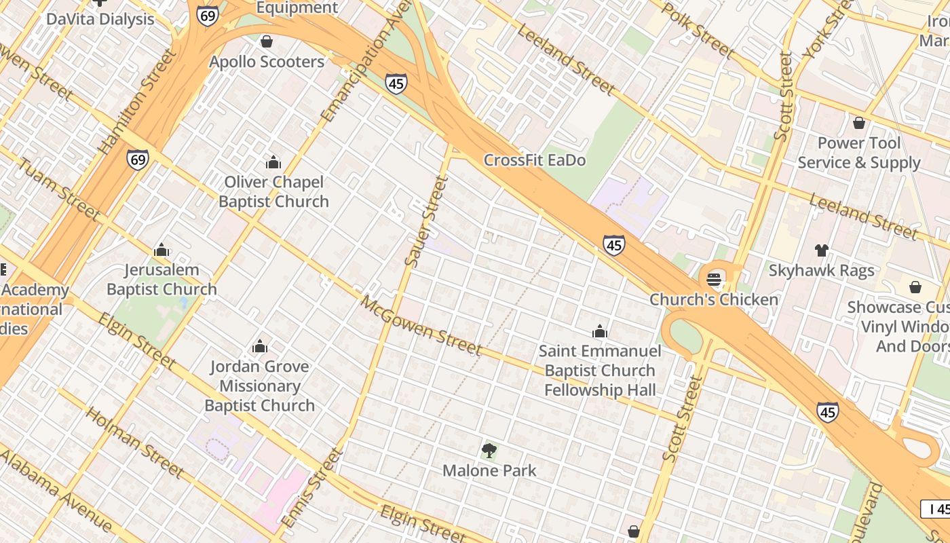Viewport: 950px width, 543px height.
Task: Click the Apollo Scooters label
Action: (x=267, y=62)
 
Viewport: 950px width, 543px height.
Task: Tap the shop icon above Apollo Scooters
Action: (x=267, y=41)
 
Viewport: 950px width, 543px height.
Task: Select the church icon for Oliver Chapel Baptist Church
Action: (x=273, y=162)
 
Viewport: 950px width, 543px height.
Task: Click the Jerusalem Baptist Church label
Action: (x=161, y=280)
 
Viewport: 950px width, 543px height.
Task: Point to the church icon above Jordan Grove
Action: (x=260, y=347)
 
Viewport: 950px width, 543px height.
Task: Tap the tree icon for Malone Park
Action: (x=489, y=450)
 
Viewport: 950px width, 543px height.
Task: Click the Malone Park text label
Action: (x=489, y=470)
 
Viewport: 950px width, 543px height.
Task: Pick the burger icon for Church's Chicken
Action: (x=713, y=279)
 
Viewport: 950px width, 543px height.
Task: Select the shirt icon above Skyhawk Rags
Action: (x=822, y=250)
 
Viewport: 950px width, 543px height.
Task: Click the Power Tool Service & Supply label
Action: (x=859, y=153)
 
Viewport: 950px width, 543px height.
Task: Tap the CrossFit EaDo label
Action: (x=534, y=161)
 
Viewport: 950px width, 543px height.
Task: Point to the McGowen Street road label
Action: (x=421, y=326)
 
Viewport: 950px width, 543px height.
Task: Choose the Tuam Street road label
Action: (x=59, y=189)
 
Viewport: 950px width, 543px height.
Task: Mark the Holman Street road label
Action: (x=135, y=443)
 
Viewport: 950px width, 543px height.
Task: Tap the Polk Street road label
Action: (x=699, y=31)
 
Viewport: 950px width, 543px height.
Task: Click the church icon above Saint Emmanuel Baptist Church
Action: (x=600, y=331)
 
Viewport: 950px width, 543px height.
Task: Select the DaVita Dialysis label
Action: (x=100, y=19)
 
